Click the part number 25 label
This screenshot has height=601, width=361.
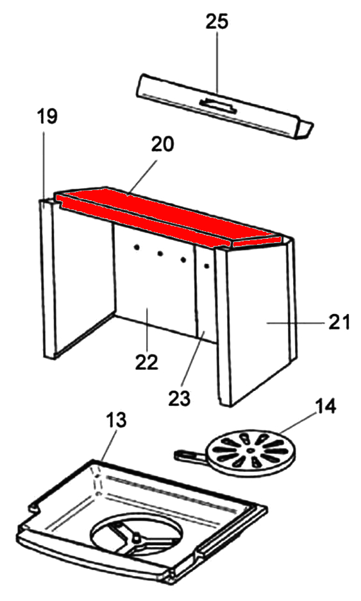[x=217, y=22]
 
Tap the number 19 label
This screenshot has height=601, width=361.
[x=47, y=116]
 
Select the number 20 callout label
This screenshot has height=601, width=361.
[x=162, y=144]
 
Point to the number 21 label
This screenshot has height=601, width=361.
[x=339, y=322]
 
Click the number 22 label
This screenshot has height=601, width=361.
[x=147, y=362]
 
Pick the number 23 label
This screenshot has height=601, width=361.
[x=179, y=399]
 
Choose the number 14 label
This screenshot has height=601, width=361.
[x=325, y=406]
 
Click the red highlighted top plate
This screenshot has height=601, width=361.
[x=169, y=216]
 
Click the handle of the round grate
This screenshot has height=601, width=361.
[x=190, y=456]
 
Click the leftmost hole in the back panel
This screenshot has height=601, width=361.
[x=135, y=248]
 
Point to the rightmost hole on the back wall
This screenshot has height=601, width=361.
[x=206, y=265]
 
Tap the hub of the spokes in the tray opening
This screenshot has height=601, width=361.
[x=135, y=539]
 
